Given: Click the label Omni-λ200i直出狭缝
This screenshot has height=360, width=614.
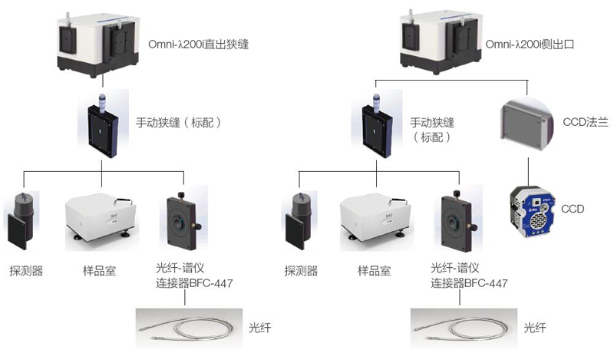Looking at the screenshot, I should pos(198,45).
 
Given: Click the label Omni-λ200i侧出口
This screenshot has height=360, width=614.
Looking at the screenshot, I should pos(530,45).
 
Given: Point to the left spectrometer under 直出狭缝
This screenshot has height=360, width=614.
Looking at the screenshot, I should pos(95,42).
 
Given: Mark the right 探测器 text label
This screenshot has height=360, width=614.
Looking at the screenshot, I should pos(301,270).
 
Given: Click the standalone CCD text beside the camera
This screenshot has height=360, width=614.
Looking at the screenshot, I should pos(573,208).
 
